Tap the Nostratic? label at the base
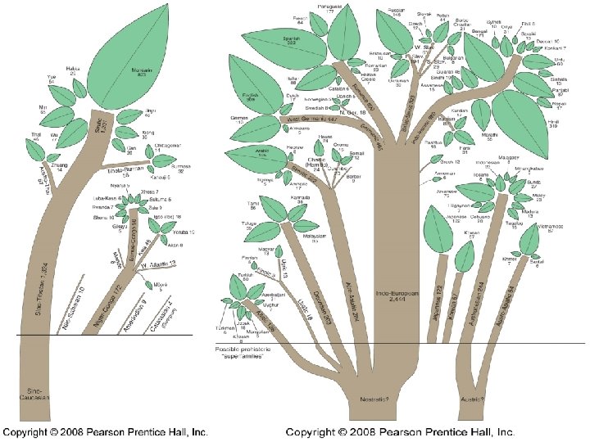tap(374, 399)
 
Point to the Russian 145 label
tap(394, 13)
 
